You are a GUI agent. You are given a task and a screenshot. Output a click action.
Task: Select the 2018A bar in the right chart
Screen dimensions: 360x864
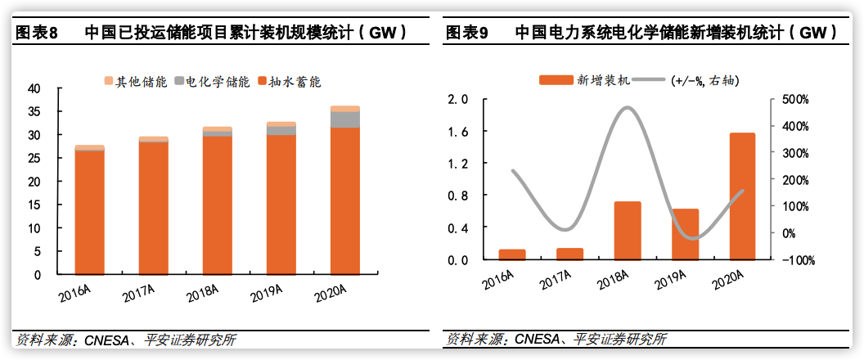pyautogui.click(x=628, y=231)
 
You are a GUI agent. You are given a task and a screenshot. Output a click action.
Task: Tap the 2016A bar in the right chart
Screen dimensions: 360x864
pyautogui.click(x=512, y=254)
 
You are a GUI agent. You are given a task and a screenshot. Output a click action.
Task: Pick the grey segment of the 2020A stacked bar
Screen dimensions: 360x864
pyautogui.click(x=345, y=119)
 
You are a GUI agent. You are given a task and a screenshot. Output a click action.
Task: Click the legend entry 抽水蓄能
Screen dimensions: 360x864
pyautogui.click(x=289, y=82)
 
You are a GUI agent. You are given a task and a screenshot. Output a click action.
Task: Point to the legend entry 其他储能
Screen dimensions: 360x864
pyautogui.click(x=136, y=82)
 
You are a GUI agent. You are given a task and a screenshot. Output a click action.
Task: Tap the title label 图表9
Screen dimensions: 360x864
pyautogui.click(x=467, y=33)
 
